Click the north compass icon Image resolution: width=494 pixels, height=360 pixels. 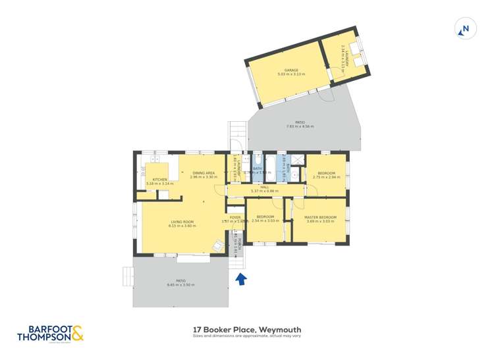point(464,28)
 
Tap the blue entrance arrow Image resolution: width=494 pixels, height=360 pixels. point(241,279)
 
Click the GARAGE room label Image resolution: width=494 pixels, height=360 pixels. point(291,70)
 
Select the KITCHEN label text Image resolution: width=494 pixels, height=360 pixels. point(160,179)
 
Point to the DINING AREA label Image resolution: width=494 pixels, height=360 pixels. point(203,173)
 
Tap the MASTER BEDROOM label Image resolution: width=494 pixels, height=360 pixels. point(320,217)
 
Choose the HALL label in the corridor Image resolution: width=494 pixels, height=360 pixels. point(264,187)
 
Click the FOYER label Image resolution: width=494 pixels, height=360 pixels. point(235,217)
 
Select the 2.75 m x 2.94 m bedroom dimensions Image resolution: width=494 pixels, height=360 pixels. point(326,178)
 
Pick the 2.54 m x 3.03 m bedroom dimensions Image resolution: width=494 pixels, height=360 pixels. point(265,221)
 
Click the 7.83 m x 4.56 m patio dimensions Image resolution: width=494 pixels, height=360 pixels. point(300,126)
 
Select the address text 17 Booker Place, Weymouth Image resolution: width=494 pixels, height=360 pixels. point(247,330)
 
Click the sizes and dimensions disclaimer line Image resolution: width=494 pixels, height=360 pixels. point(247,336)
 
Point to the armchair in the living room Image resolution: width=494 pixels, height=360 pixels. point(217,246)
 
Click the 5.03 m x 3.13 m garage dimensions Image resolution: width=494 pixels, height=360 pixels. point(291,74)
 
